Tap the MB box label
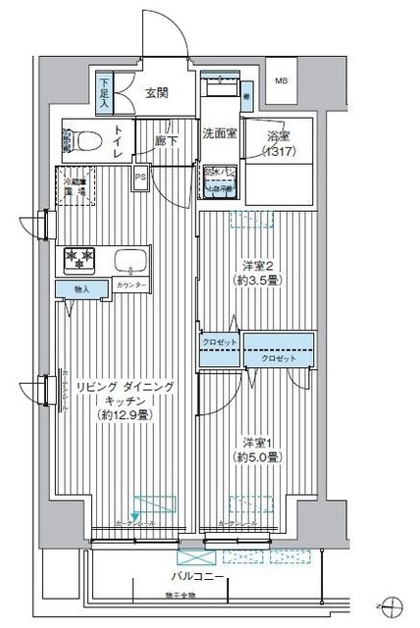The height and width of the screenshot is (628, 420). tap(282, 81)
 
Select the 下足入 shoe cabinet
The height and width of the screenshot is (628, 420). tap(104, 90)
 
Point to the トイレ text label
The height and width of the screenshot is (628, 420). tap(119, 142)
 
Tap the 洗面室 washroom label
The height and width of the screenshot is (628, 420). tap(218, 132)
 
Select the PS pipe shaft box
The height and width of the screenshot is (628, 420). tap(140, 178)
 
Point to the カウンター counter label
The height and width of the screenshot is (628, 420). tap(131, 285)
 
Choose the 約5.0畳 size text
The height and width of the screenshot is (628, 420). tap(260, 457)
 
